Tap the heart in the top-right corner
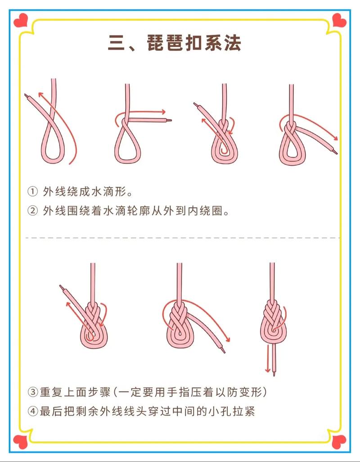coord(339,20)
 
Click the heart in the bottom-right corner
coord(339,442)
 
